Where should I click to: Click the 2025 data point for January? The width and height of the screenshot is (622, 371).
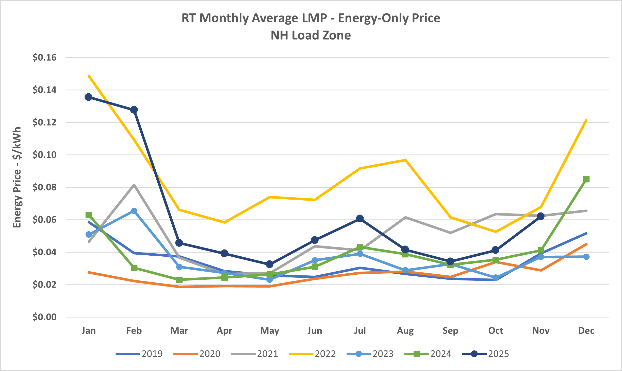point(89,97)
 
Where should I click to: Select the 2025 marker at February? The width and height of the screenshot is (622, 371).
point(134,110)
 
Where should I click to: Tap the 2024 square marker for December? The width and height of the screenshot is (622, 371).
point(586,179)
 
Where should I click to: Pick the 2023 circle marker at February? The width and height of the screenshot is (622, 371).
point(134,211)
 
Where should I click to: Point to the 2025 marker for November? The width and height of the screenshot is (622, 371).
point(541,216)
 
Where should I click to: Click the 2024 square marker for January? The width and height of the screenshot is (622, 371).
point(89,215)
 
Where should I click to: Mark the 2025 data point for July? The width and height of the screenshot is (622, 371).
point(360,219)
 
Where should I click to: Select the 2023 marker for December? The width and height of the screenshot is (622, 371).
point(586,257)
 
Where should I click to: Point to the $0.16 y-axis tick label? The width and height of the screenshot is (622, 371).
point(44,58)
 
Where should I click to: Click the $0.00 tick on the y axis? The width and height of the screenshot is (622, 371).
point(44,317)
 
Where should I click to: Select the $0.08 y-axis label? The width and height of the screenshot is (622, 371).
point(44,187)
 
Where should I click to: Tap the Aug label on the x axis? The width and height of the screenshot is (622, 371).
point(405,331)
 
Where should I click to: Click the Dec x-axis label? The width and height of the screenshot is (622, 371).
point(586,331)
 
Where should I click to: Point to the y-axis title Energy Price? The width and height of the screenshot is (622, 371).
point(17,178)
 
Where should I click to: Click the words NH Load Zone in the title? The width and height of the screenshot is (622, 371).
point(311,35)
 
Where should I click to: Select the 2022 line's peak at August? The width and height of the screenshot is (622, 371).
point(405,160)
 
